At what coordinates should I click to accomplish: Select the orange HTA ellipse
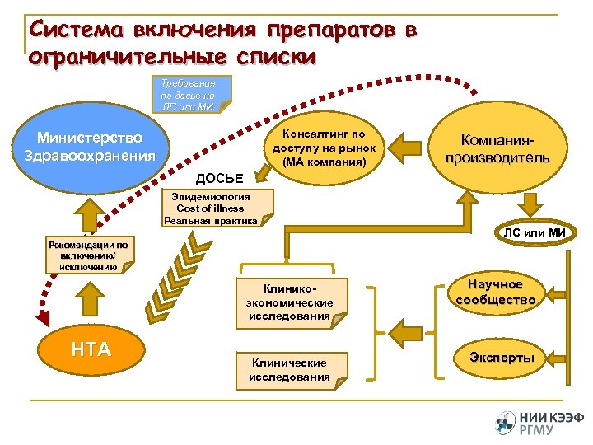pos(91,349)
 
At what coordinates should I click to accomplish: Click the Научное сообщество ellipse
pos(496,292)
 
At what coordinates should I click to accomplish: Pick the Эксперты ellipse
pos(502,358)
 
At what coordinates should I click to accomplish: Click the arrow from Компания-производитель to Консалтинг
pos(409,148)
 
